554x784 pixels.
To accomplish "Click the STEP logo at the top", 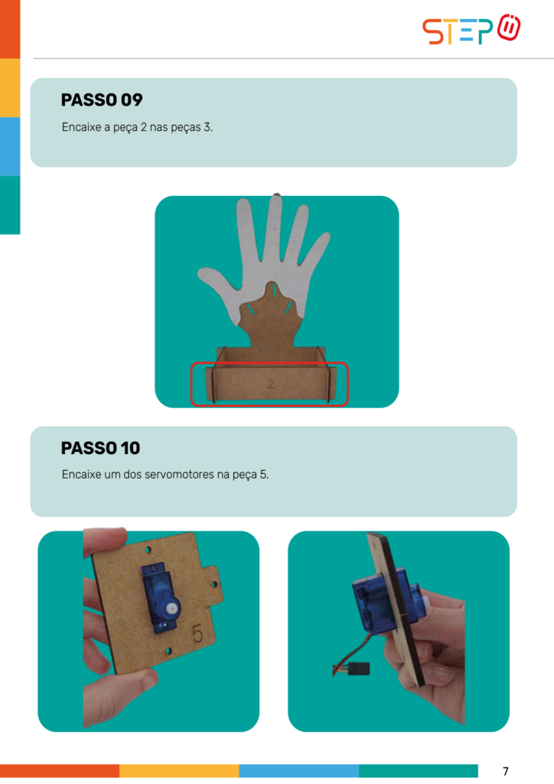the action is (x=471, y=30).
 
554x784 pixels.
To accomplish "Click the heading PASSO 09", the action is (x=102, y=100).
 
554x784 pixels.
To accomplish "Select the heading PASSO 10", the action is (x=100, y=448).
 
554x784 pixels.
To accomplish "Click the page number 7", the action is (x=506, y=771).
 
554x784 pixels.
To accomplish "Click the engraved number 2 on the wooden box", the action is (x=271, y=384).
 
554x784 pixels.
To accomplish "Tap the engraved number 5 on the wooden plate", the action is (x=198, y=633).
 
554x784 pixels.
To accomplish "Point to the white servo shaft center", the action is (x=172, y=609).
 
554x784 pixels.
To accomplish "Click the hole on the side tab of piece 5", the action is (x=213, y=584).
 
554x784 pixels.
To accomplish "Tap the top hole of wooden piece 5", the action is (x=148, y=550).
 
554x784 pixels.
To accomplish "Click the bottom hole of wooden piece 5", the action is (x=169, y=651).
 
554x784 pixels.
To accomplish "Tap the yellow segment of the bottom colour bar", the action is (x=179, y=770).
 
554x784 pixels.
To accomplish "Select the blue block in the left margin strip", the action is (x=10, y=146).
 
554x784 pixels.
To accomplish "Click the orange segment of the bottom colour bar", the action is (x=60, y=770).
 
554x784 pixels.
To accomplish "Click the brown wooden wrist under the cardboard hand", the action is (x=271, y=325).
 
